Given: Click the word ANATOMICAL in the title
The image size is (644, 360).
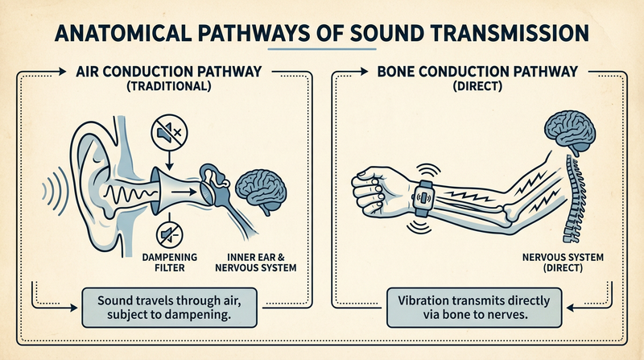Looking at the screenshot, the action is pyautogui.click(x=122, y=33).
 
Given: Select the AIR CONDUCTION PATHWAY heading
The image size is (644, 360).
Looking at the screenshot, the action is pyautogui.click(x=169, y=72).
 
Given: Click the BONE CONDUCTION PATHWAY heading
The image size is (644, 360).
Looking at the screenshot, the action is pyautogui.click(x=477, y=72).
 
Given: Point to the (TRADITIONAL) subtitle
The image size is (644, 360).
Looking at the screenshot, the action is pyautogui.click(x=169, y=86).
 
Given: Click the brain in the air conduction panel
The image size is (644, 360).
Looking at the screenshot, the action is pyautogui.click(x=261, y=192).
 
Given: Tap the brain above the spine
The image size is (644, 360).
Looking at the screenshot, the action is pyautogui.click(x=570, y=132).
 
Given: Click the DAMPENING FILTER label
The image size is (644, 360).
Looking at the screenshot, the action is pyautogui.click(x=170, y=263).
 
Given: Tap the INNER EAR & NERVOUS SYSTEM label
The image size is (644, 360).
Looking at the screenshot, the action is pyautogui.click(x=256, y=263).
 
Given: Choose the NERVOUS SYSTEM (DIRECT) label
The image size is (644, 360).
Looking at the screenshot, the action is pyautogui.click(x=563, y=263).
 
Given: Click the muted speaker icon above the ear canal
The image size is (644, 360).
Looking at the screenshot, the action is pyautogui.click(x=169, y=133).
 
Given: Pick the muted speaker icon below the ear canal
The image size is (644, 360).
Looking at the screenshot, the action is pyautogui.click(x=170, y=234).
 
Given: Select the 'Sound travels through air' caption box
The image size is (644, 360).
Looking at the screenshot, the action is pyautogui.click(x=169, y=308).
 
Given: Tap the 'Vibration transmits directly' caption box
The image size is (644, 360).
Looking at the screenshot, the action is pyautogui.click(x=474, y=308).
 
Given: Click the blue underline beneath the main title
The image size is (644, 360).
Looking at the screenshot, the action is pyautogui.click(x=322, y=49).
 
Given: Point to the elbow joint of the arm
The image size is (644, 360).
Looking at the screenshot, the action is pyautogui.click(x=514, y=213).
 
